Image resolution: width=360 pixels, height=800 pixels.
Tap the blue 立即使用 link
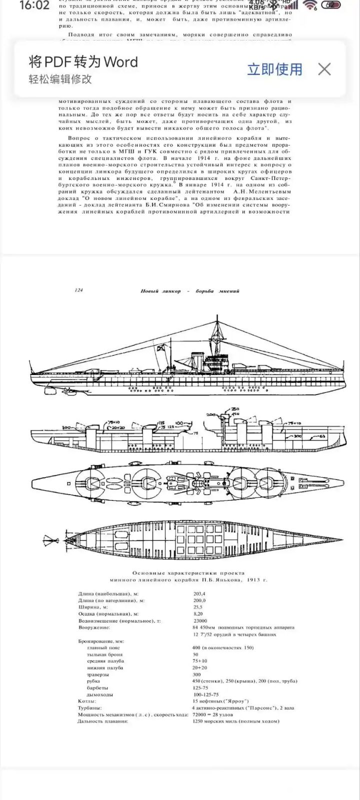pyautogui.click(x=274, y=69)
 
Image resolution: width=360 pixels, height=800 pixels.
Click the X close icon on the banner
pyautogui.click(x=324, y=69)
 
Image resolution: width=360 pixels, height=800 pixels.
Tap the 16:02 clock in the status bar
pyautogui.click(x=34, y=5)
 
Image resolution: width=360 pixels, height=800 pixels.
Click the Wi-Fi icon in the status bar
pyautogui.click(x=310, y=5)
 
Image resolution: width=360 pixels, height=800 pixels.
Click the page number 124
pyautogui.click(x=78, y=290)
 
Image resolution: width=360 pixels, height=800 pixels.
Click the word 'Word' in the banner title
pyautogui.click(x=120, y=62)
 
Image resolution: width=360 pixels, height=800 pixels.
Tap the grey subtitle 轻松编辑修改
pyautogui.click(x=60, y=79)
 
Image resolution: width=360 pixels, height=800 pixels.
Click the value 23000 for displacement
pyautogui.click(x=200, y=620)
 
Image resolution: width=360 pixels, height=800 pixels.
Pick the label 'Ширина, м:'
pyautogui.click(x=93, y=607)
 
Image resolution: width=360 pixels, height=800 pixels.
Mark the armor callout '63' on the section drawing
pyautogui.click(x=322, y=437)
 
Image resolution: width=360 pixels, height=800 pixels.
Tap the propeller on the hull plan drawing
pyautogui.click(x=49, y=540)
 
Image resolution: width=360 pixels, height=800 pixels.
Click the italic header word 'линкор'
pyautogui.click(x=171, y=291)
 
